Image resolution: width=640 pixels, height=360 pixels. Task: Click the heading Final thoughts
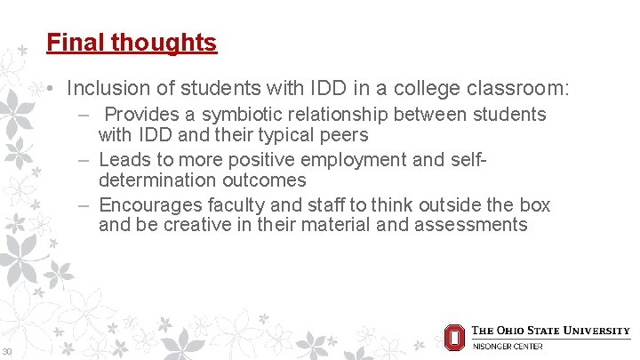click(x=132, y=42)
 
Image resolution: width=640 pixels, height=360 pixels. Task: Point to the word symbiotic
click(x=245, y=115)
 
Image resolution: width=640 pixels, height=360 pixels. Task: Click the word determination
click(x=159, y=180)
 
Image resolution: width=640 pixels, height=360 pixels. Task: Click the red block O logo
click(x=454, y=336)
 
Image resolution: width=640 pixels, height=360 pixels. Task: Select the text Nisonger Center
click(x=507, y=346)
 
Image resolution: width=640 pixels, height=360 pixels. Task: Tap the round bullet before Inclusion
click(x=54, y=90)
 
